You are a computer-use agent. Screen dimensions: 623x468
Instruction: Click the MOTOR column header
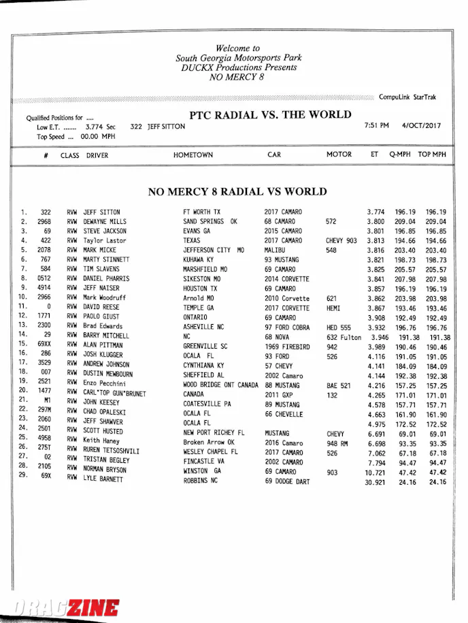[339, 155]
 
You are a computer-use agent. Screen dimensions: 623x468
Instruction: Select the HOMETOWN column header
[193, 155]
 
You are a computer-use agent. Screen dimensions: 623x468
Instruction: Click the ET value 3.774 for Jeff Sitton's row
[375, 212]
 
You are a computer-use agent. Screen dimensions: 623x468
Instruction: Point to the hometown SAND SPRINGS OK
[210, 221]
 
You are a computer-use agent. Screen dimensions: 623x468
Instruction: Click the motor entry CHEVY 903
[341, 241]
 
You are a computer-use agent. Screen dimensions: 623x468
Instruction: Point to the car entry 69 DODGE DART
[286, 481]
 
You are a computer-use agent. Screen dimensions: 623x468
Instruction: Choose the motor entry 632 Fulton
[344, 337]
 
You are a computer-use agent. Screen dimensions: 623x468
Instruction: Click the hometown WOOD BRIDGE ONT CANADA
[220, 385]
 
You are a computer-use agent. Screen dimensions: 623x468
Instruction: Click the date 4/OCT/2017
[422, 126]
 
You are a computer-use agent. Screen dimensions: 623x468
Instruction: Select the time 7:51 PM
[377, 126]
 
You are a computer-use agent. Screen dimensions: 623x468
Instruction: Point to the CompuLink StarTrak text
[407, 97]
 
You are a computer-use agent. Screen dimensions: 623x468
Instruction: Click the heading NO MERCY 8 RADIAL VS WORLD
[237, 192]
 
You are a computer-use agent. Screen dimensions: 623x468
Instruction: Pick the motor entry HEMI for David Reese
[334, 308]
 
